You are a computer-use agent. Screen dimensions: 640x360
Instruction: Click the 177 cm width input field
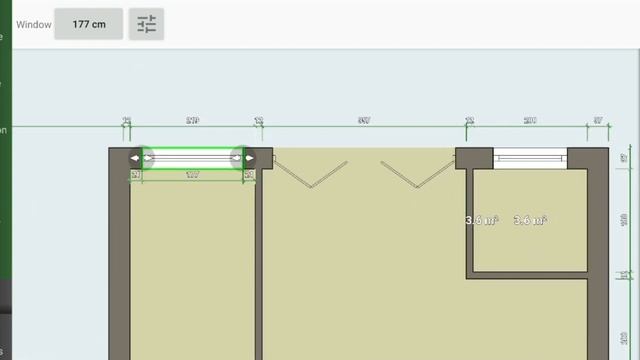(x=89, y=24)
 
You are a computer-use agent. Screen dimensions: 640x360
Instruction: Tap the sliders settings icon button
(x=147, y=24)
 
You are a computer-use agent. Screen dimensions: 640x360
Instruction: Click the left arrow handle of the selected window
(x=137, y=158)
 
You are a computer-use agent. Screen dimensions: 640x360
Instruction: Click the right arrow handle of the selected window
(x=249, y=158)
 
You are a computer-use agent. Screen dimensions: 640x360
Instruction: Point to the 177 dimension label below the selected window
(x=193, y=175)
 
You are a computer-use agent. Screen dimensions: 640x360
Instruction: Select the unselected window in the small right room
(x=530, y=158)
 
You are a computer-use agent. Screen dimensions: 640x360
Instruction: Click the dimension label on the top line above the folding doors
(x=364, y=121)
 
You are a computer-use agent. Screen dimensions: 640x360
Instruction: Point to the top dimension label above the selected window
(x=193, y=121)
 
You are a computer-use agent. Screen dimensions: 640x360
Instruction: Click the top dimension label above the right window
(x=530, y=121)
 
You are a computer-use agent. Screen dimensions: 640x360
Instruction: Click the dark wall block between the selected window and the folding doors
(x=264, y=157)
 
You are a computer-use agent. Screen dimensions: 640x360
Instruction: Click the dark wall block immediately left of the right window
(x=475, y=158)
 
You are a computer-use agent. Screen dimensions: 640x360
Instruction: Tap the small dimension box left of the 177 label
(x=136, y=175)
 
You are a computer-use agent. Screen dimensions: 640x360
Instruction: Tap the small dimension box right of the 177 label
(x=249, y=175)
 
